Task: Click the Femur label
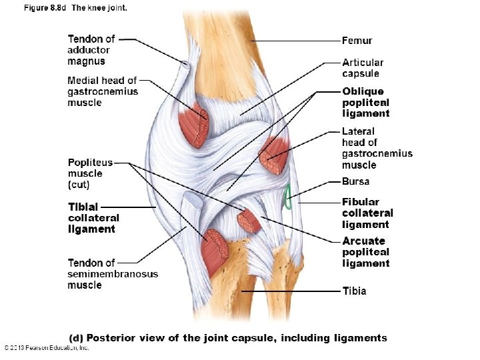tap(357, 41)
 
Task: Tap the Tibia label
tap(354, 291)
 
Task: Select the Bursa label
tap(355, 181)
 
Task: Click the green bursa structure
tap(288, 197)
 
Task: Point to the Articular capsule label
tap(363, 68)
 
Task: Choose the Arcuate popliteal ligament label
tap(365, 252)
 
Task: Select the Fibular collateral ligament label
tap(367, 213)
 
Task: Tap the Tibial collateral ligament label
tap(93, 217)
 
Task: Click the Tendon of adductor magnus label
tap(91, 50)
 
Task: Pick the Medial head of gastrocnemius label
tap(103, 91)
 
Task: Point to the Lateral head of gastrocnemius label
tap(377, 148)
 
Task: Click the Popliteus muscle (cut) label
tap(90, 173)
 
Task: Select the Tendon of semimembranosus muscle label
tap(113, 274)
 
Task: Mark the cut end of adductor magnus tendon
tap(184, 66)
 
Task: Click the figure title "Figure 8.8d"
tap(46, 8)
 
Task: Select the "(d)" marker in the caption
tap(77, 338)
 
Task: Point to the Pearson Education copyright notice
tap(47, 347)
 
